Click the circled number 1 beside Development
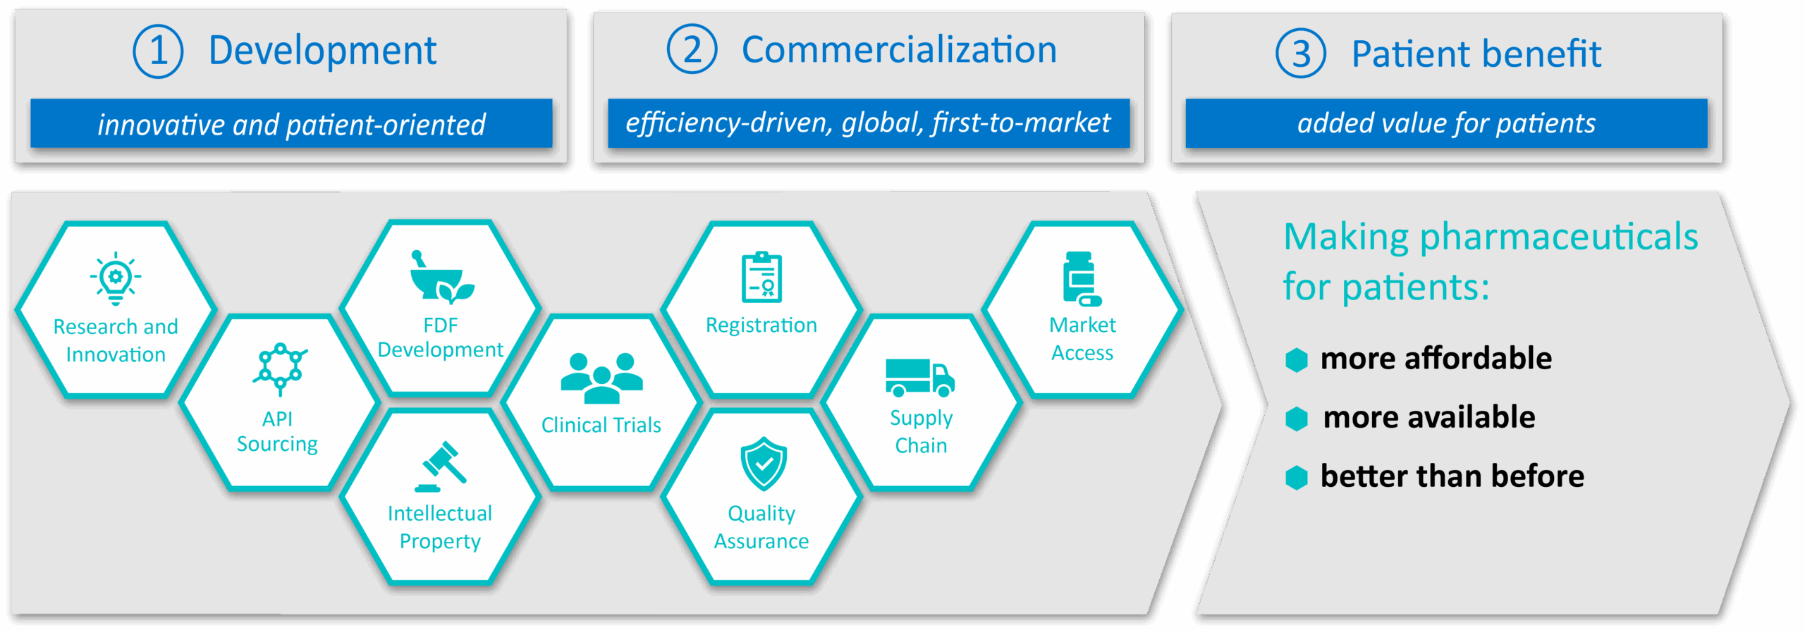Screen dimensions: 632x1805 [x=158, y=51]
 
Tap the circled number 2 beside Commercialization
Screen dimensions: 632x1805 [x=692, y=49]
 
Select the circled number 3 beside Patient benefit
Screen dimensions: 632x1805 [x=1300, y=54]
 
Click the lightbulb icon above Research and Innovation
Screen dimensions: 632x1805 [x=116, y=278]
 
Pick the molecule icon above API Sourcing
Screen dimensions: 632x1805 [x=280, y=368]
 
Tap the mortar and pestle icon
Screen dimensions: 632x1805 [x=441, y=277]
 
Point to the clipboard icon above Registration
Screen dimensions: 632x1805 [x=761, y=277]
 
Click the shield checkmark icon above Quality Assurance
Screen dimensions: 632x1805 [x=763, y=464]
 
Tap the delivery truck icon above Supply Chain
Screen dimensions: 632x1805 [x=920, y=377]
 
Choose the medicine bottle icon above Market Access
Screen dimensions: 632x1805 [x=1081, y=278]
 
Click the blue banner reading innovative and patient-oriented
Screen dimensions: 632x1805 [x=291, y=124]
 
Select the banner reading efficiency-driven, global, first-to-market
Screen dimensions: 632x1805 [x=868, y=123]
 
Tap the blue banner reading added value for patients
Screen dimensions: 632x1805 [x=1446, y=123]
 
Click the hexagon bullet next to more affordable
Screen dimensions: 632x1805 [x=1296, y=359]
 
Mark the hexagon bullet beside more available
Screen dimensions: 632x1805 [x=1296, y=419]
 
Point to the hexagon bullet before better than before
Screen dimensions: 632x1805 [x=1296, y=477]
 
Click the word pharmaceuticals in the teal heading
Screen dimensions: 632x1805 [x=1558, y=237]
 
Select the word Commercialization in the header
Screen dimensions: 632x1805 [x=899, y=50]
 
